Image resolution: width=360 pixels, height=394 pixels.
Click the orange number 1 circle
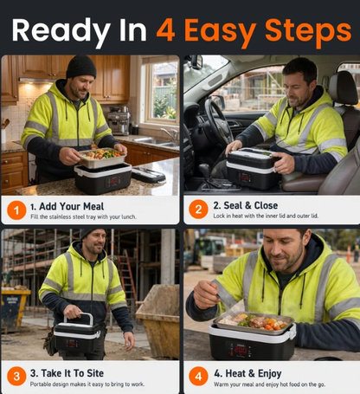16,210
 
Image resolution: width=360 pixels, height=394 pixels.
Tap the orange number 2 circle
198,209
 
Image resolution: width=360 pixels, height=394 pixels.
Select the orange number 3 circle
16,376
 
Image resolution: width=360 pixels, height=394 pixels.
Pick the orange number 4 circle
198,376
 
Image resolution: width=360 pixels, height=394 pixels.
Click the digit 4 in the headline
165,30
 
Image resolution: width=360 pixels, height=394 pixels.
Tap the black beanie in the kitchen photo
81,67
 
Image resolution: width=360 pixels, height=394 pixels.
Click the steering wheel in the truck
219,123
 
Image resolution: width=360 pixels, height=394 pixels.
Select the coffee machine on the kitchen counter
119,120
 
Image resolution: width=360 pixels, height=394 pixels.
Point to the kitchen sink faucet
171,134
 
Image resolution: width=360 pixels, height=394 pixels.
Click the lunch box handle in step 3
79,318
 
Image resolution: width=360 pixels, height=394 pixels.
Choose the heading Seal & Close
246,205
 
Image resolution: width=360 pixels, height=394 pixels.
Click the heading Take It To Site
67,373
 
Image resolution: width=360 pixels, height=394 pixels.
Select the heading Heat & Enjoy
247,373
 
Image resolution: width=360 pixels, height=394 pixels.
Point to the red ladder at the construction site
127,277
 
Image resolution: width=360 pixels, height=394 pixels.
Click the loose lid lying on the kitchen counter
149,174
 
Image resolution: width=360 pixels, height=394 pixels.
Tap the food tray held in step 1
103,158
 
